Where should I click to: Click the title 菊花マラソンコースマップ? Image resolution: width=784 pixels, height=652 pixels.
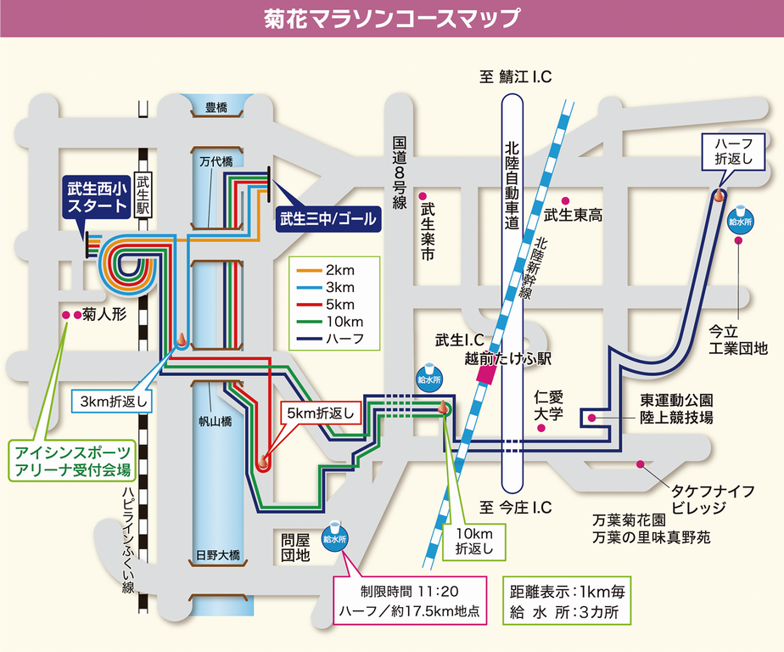click(391, 19)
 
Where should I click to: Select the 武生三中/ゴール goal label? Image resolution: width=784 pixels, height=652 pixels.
click(328, 218)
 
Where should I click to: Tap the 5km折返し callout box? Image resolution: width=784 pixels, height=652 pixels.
click(322, 413)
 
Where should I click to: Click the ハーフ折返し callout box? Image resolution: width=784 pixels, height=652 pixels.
click(728, 151)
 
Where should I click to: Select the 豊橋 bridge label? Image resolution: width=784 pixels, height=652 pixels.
click(217, 108)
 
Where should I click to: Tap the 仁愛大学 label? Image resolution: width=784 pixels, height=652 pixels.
click(549, 406)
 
